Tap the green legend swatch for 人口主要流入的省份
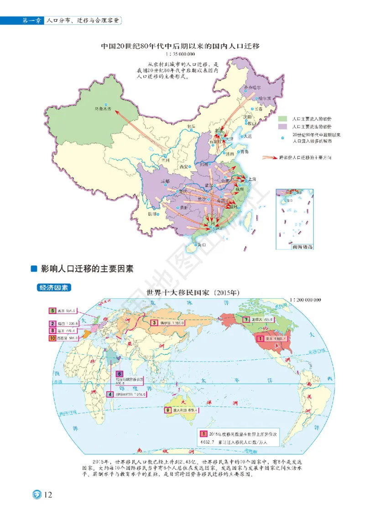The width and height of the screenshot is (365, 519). (283, 119)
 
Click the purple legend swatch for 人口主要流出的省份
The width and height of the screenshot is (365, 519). (283, 126)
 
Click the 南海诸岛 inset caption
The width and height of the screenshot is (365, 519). (302, 247)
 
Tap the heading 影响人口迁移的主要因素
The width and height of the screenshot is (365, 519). (87, 269)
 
